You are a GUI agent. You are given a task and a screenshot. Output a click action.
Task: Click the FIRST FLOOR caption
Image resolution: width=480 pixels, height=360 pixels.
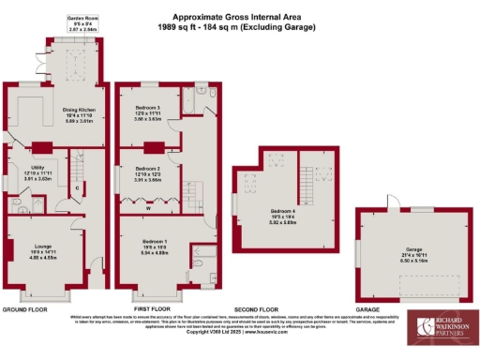coord(153,307)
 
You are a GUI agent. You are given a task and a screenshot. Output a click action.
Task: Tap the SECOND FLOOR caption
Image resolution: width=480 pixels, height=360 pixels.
coord(257,307)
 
